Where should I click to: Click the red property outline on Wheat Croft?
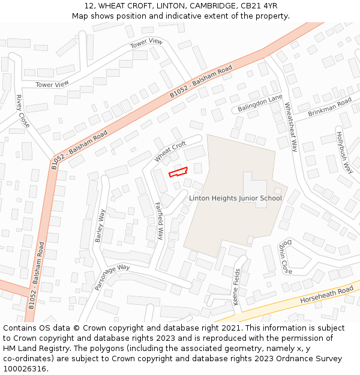(x=178, y=172)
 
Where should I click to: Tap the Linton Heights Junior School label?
(x=235, y=198)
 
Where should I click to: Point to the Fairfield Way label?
(x=160, y=221)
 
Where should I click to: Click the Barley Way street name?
(x=100, y=226)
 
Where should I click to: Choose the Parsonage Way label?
(x=112, y=277)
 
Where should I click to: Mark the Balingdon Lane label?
(x=259, y=103)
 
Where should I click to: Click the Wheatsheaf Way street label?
(x=291, y=127)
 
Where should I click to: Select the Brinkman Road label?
(x=329, y=107)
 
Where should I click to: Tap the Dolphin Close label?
(x=285, y=257)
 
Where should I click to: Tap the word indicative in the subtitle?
(x=182, y=16)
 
